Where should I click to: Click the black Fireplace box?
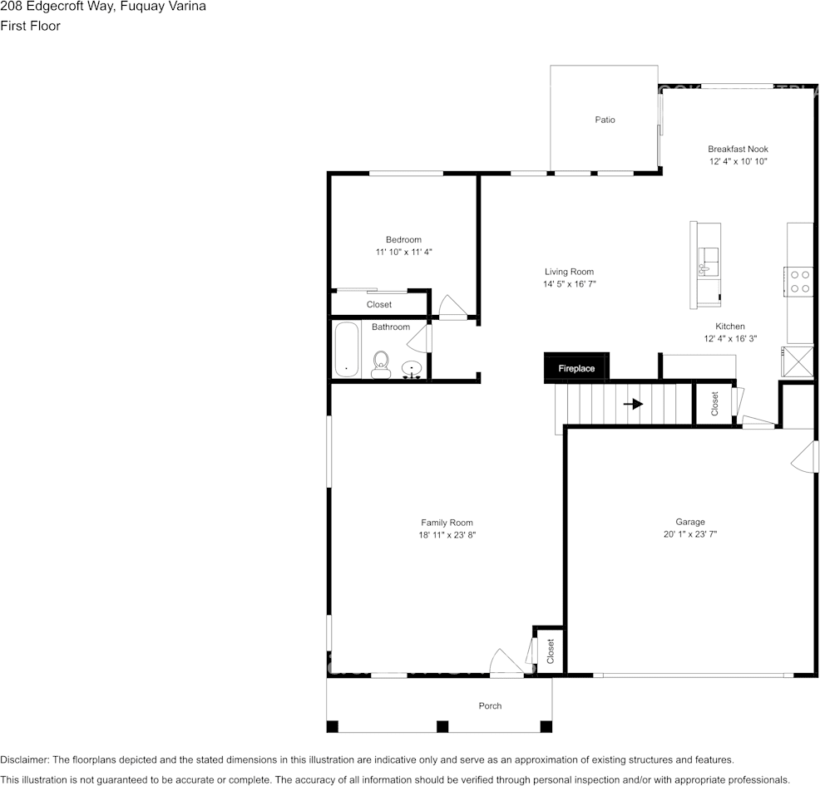(576, 368)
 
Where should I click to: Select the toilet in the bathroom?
(381, 364)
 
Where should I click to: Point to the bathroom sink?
(412, 369)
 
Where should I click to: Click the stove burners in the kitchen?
(800, 281)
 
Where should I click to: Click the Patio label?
(605, 120)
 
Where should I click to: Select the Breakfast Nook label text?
(738, 150)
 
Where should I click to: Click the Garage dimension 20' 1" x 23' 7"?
(689, 535)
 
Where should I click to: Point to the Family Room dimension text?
(447, 536)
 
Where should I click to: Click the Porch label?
(490, 706)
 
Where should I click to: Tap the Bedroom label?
(403, 240)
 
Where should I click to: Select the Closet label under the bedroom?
(379, 305)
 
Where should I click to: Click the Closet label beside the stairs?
(714, 404)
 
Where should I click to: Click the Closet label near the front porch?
(551, 651)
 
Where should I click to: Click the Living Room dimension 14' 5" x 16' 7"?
(570, 284)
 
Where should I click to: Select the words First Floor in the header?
(30, 26)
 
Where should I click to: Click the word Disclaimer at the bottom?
(24, 759)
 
